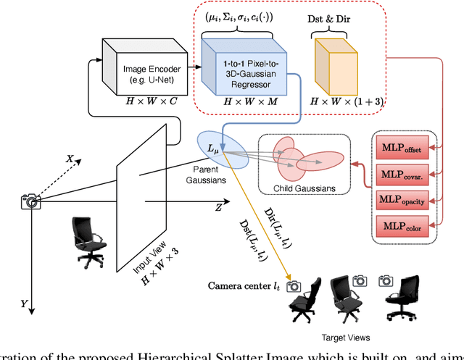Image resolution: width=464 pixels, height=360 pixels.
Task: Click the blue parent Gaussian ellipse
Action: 224,148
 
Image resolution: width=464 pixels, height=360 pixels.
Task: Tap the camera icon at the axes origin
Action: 30,201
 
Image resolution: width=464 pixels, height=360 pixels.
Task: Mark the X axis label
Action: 70,158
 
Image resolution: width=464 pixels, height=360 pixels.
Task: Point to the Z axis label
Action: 218,207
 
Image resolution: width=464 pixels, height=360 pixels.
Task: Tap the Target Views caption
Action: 345,338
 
